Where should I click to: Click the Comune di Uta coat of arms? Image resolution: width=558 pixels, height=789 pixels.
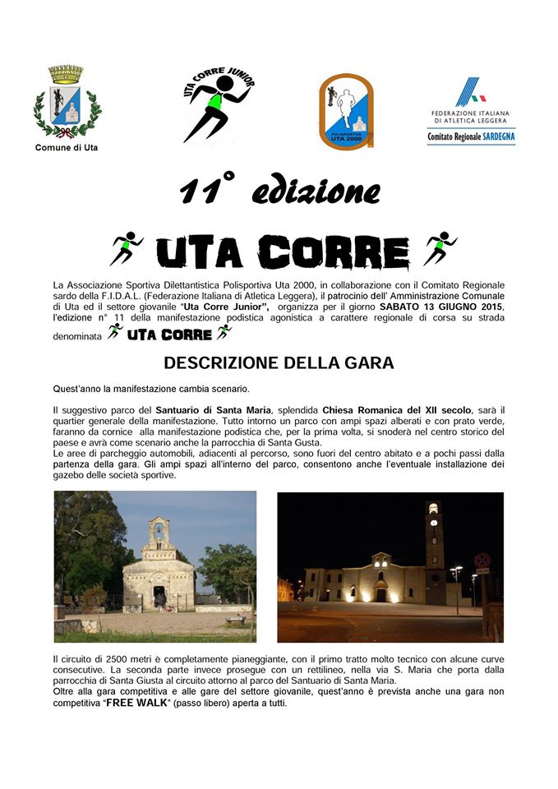point(67,102)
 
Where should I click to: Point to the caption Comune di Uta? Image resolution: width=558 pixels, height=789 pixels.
point(67,148)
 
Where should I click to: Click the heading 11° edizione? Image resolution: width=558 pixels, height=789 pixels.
point(279,192)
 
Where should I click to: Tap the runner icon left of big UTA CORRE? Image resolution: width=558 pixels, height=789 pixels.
point(127,249)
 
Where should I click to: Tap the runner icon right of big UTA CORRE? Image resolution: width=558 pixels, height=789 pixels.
point(440,247)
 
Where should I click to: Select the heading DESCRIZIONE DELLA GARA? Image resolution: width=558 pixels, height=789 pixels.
point(279,362)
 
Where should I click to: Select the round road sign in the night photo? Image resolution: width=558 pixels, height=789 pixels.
point(482,561)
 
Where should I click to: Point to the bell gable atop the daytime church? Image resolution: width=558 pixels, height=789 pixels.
point(159,535)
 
